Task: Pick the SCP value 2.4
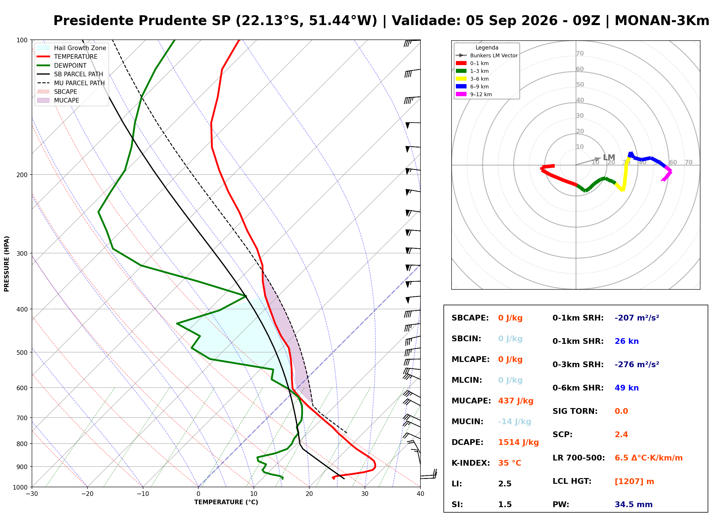[x=621, y=435]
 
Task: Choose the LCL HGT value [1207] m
[x=634, y=482]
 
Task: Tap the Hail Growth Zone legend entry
[x=72, y=48]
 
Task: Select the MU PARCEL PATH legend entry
[x=71, y=83]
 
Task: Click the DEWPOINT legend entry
[x=62, y=65]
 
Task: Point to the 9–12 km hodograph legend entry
[x=474, y=94]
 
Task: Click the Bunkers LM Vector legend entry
[x=486, y=56]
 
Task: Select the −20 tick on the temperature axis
[x=87, y=494]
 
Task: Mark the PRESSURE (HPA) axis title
[x=7, y=264]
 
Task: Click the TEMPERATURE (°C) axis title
[x=226, y=503]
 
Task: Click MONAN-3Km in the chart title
[x=662, y=21]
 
